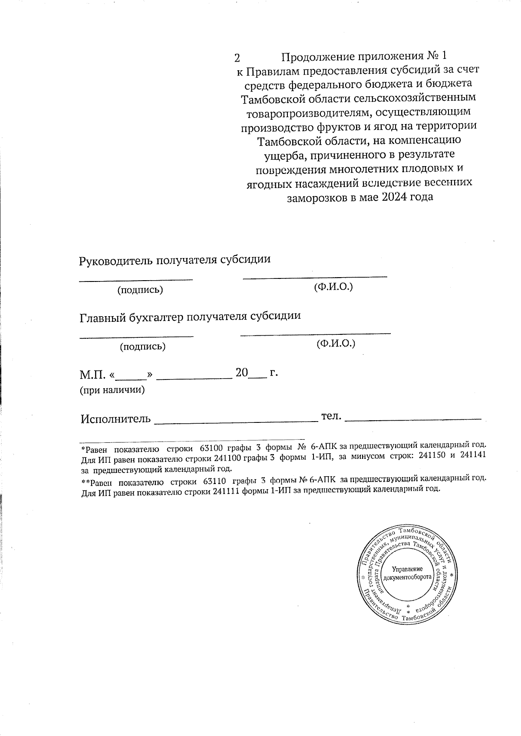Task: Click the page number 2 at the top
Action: [x=237, y=57]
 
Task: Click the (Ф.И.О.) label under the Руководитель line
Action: [x=333, y=287]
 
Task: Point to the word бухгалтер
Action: [x=157, y=317]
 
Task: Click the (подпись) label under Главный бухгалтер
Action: [x=142, y=346]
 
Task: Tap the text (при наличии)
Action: [x=112, y=390]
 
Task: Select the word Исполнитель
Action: [x=116, y=419]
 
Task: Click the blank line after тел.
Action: [x=415, y=419]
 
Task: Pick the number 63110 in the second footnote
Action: [x=213, y=481]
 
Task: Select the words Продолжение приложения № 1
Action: [x=364, y=57]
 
